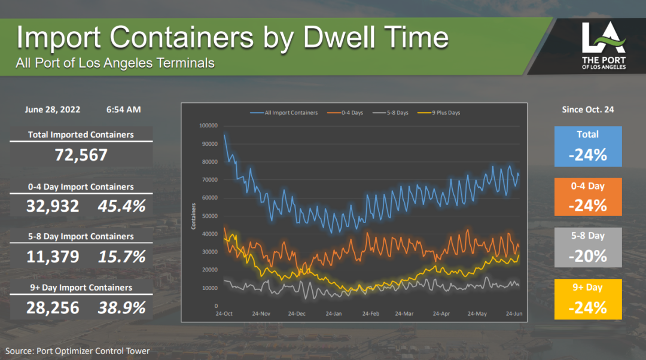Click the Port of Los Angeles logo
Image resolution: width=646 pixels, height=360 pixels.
click(604, 46)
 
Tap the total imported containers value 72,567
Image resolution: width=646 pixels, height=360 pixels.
click(81, 155)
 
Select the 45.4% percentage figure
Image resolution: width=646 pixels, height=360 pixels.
click(122, 206)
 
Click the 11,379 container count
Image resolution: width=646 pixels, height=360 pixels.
click(53, 257)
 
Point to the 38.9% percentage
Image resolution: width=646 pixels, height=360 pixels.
click(122, 308)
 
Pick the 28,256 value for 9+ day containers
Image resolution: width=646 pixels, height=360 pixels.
click(53, 308)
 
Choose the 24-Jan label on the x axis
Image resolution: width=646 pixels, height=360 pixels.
click(334, 313)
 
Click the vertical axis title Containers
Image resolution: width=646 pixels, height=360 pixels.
click(193, 216)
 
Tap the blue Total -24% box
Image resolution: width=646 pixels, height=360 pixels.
click(588, 146)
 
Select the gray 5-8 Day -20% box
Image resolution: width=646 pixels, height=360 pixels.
click(588, 247)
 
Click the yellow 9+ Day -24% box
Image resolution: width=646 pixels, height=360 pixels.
click(588, 299)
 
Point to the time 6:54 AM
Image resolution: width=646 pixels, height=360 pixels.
click(124, 109)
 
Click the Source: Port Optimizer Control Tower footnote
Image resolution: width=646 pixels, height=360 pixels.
click(78, 351)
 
